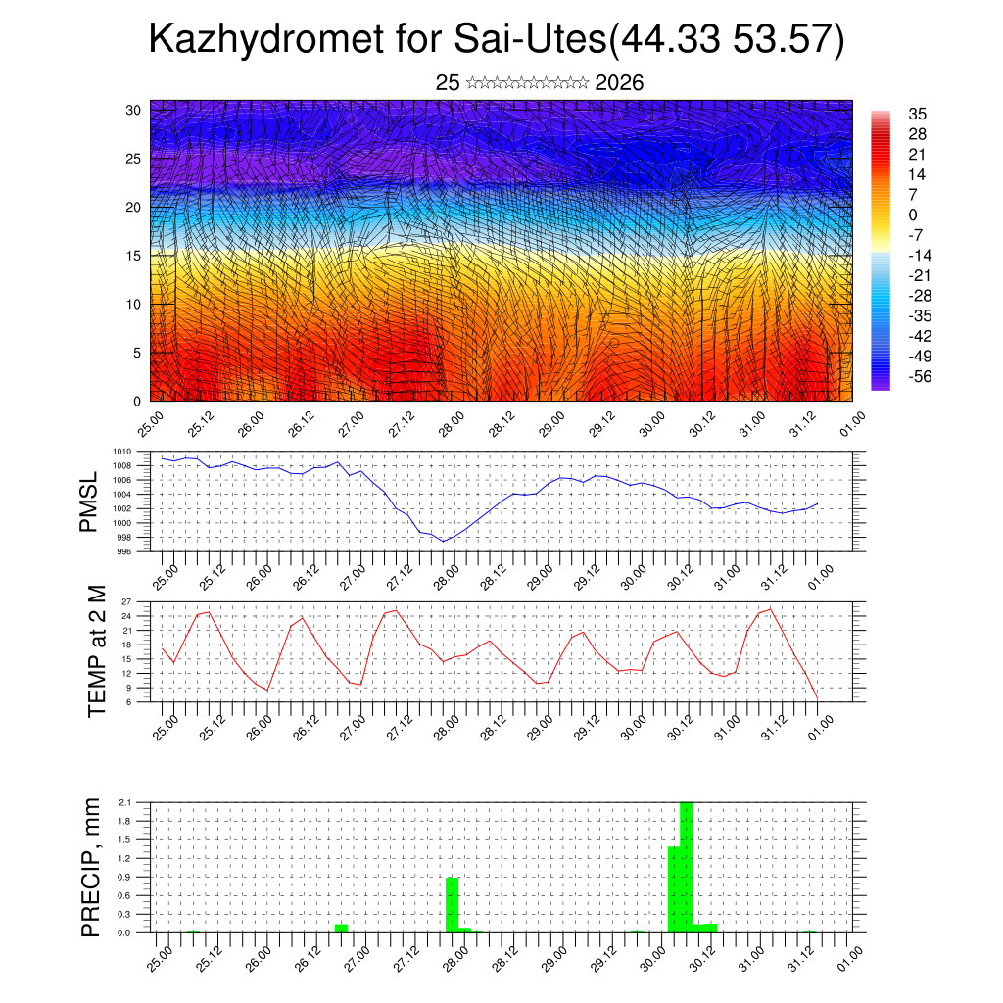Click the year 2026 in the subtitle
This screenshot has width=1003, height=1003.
[x=619, y=83]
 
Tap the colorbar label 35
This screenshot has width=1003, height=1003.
[x=918, y=114]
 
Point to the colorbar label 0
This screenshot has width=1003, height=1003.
[x=913, y=215]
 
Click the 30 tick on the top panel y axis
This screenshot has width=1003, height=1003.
[x=134, y=110]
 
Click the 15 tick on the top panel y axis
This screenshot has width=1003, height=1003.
[x=134, y=256]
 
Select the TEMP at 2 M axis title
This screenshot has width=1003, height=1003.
[x=96, y=650]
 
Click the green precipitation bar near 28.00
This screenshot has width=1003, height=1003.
[x=453, y=905]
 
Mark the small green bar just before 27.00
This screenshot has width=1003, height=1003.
[x=341, y=928]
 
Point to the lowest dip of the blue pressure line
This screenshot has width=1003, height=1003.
[x=443, y=541]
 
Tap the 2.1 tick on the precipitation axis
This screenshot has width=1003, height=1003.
[x=124, y=802]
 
